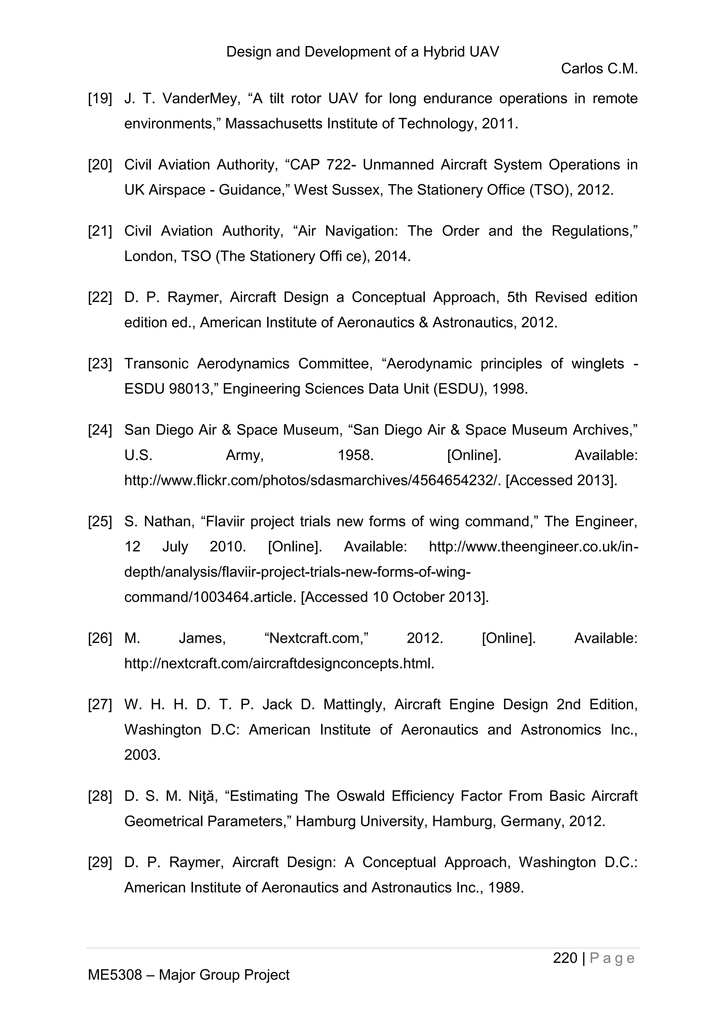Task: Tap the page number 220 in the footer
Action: (565, 958)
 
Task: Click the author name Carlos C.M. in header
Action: (599, 69)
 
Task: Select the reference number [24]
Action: (100, 430)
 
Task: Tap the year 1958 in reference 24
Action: (356, 455)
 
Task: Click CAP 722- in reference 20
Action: (319, 165)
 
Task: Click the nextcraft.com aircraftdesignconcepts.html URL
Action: (279, 664)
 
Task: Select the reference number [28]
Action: (100, 796)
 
